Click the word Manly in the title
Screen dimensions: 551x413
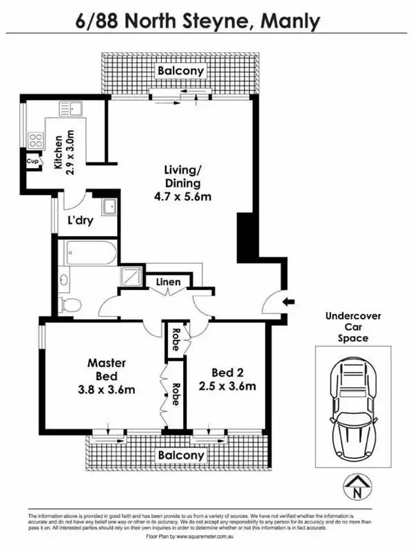(x=291, y=22)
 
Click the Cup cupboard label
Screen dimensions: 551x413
(x=32, y=161)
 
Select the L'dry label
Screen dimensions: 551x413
(x=80, y=221)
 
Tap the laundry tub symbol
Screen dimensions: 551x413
(x=108, y=207)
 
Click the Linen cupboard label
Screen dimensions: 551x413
(x=169, y=282)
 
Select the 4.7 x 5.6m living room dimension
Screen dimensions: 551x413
(x=182, y=197)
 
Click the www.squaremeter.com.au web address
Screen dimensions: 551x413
(x=217, y=535)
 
